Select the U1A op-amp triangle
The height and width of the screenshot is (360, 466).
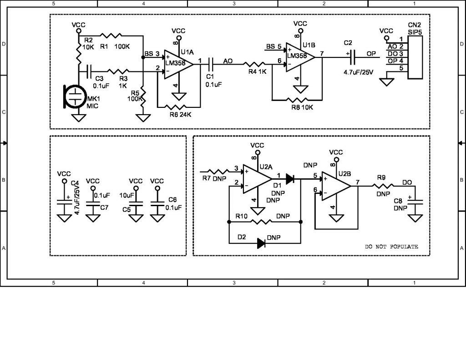pyautogui.click(x=178, y=64)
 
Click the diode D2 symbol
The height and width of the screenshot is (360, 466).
pyautogui.click(x=261, y=243)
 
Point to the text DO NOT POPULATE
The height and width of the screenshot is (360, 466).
pyautogui.click(x=391, y=246)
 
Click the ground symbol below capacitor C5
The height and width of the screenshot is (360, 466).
pyautogui.click(x=135, y=218)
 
